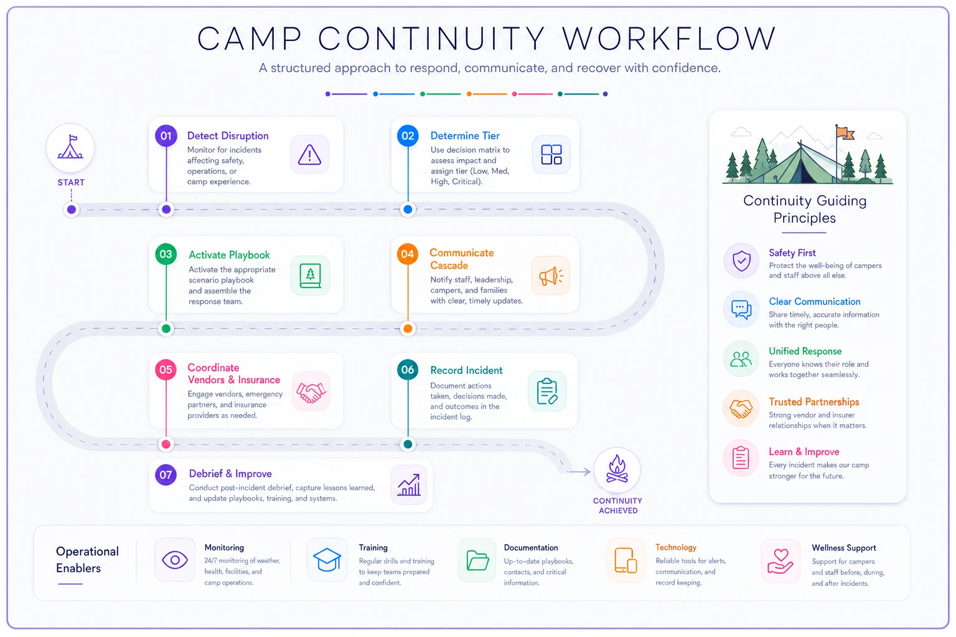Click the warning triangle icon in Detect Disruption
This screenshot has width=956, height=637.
309,154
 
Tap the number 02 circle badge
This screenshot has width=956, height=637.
408,136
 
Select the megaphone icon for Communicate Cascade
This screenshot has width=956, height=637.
551,276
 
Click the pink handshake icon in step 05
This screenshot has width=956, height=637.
311,392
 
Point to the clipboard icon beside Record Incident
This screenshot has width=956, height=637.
547,391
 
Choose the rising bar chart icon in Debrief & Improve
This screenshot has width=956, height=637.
409,485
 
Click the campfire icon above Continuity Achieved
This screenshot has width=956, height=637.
617,469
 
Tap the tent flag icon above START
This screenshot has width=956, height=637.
70,147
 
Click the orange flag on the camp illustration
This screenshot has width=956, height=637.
845,134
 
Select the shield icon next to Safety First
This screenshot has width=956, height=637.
741,261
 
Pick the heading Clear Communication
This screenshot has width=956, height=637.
814,302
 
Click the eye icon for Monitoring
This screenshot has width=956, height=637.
174,560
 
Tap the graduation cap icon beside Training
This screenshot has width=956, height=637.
327,559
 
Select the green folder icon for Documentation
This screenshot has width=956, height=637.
477,560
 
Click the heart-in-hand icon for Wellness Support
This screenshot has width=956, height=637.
780,561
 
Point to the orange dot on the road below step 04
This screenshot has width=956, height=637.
408,328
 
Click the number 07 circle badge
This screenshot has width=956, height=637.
166,475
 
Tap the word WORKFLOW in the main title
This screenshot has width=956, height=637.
669,39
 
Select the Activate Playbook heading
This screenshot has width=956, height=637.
229,254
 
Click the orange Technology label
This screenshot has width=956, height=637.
675,547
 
